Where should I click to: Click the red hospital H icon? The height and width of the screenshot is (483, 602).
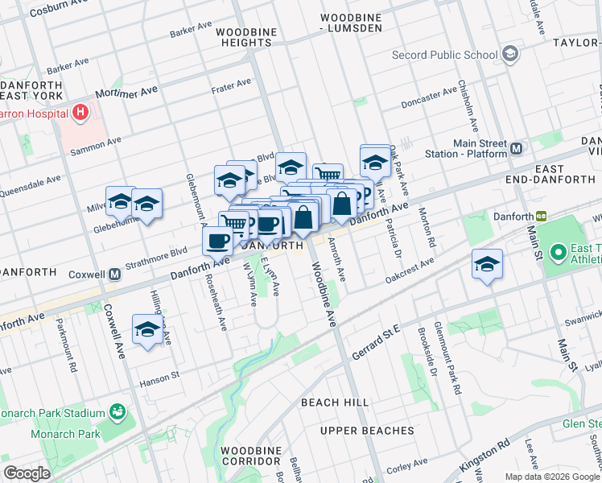tap(80, 114)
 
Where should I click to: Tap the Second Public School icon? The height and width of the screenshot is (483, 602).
tap(509, 55)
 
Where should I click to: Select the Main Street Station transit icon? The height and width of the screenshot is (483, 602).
tap(516, 149)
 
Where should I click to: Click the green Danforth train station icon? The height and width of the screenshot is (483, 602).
tap(542, 216)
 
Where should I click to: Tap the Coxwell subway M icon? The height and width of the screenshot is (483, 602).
tap(114, 274)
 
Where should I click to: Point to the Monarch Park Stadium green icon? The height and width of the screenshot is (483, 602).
tap(118, 413)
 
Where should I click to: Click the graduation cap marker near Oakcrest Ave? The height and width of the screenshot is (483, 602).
tap(486, 266)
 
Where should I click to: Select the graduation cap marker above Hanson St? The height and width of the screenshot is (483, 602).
tap(146, 329)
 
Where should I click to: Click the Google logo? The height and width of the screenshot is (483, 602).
tap(27, 473)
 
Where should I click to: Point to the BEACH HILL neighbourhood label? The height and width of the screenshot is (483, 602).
tap(335, 402)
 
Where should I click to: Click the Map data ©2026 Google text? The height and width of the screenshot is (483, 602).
tap(552, 477)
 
